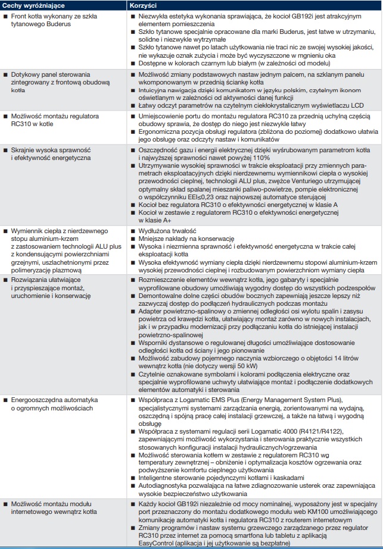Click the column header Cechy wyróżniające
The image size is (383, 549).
[29, 5]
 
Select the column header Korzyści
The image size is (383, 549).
[143, 5]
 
